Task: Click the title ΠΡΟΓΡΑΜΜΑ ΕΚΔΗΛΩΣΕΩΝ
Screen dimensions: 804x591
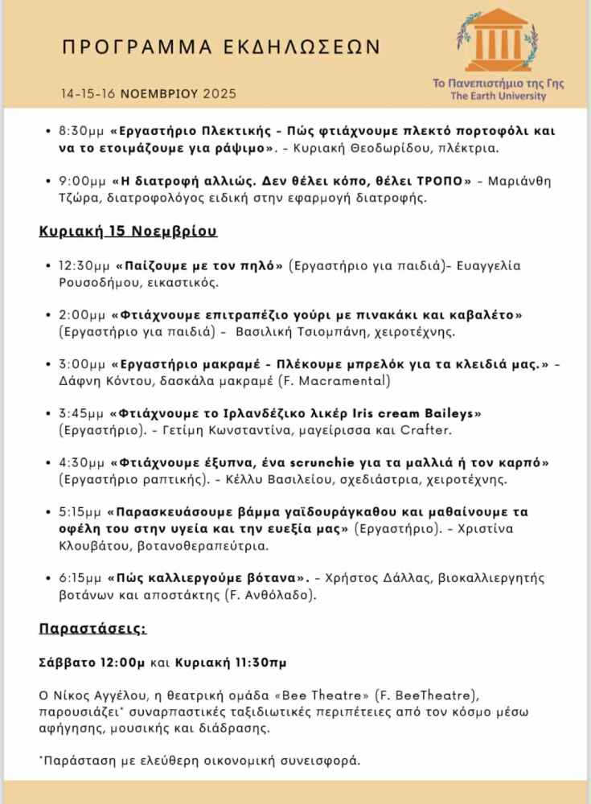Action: coord(221,47)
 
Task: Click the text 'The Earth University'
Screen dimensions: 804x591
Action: coord(498,96)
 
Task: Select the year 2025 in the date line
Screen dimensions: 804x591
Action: coord(220,94)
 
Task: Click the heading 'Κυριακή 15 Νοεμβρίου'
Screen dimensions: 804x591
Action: coord(128,232)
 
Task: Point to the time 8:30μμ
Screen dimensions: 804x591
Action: coord(82,130)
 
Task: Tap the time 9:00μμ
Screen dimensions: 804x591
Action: coord(82,180)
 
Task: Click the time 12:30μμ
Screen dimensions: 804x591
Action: coord(85,265)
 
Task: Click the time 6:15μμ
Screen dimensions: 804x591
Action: coord(81,577)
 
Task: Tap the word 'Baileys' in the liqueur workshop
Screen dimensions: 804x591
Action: coord(450,413)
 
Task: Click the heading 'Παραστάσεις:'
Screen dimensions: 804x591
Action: coord(92,628)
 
